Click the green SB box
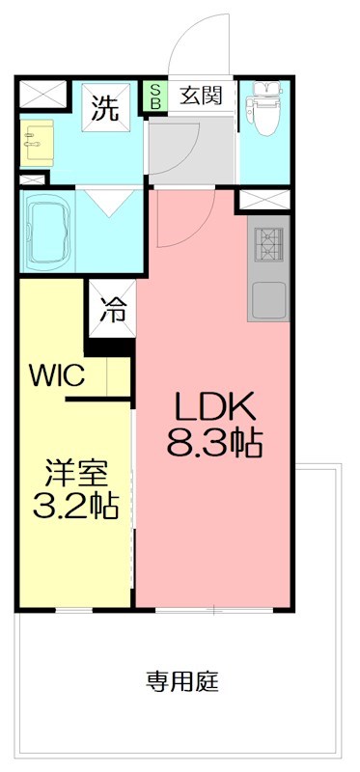(154, 96)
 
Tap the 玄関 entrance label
(201, 96)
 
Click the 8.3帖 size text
(214, 444)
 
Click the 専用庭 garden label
(182, 682)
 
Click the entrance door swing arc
(198, 43)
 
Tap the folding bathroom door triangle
(105, 202)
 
